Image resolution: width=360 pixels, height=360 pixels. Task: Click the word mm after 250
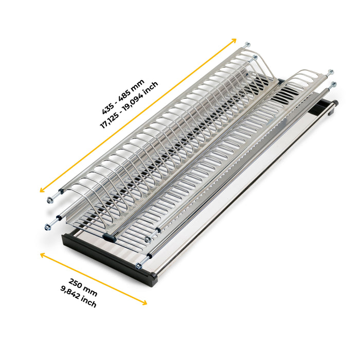pyautogui.click(x=91, y=291)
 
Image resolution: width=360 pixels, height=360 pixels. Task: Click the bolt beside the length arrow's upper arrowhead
pyautogui.click(x=247, y=45)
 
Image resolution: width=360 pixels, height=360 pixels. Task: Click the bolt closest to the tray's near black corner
pyautogui.click(x=138, y=266)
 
